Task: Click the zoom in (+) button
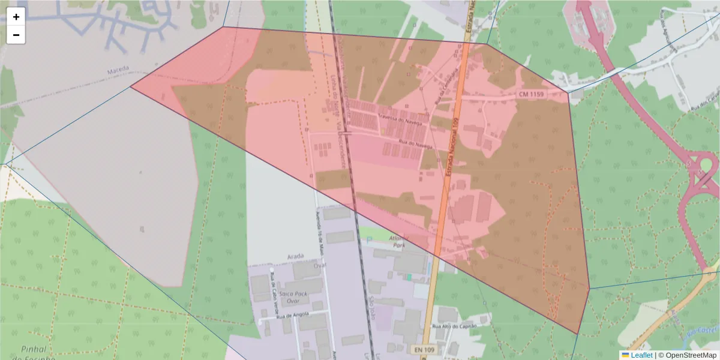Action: [16, 17]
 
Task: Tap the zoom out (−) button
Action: [16, 35]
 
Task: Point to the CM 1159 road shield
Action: [532, 94]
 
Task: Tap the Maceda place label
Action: [118, 71]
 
